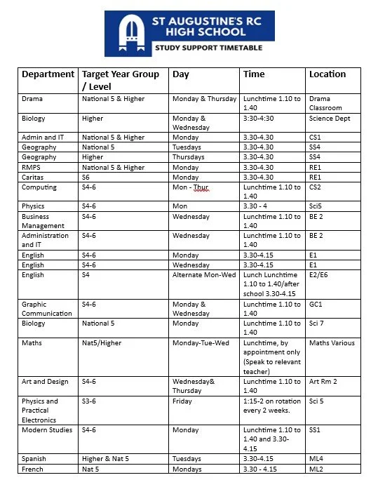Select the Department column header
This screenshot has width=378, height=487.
48,74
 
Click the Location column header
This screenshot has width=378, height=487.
327,74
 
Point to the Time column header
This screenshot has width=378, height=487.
254,74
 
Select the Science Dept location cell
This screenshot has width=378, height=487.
330,119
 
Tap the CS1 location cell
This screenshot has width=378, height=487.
316,138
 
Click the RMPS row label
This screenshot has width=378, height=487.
32,168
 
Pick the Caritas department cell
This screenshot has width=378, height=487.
33,178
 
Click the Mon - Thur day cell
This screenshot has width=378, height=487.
191,187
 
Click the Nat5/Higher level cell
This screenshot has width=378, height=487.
103,343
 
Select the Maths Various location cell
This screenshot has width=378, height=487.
332,343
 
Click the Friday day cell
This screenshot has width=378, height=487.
182,401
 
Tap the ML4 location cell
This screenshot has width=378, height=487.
316,459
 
